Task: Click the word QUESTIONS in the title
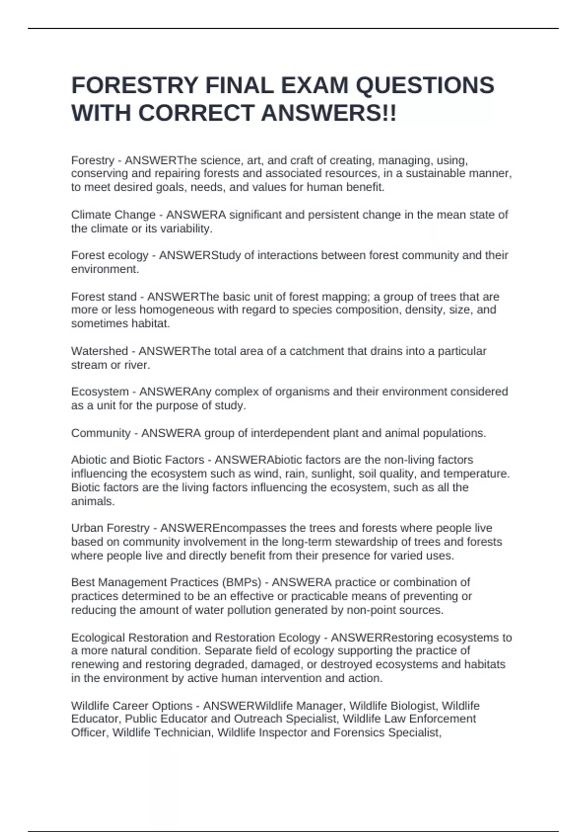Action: (x=425, y=86)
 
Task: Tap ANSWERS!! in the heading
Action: (x=329, y=114)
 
